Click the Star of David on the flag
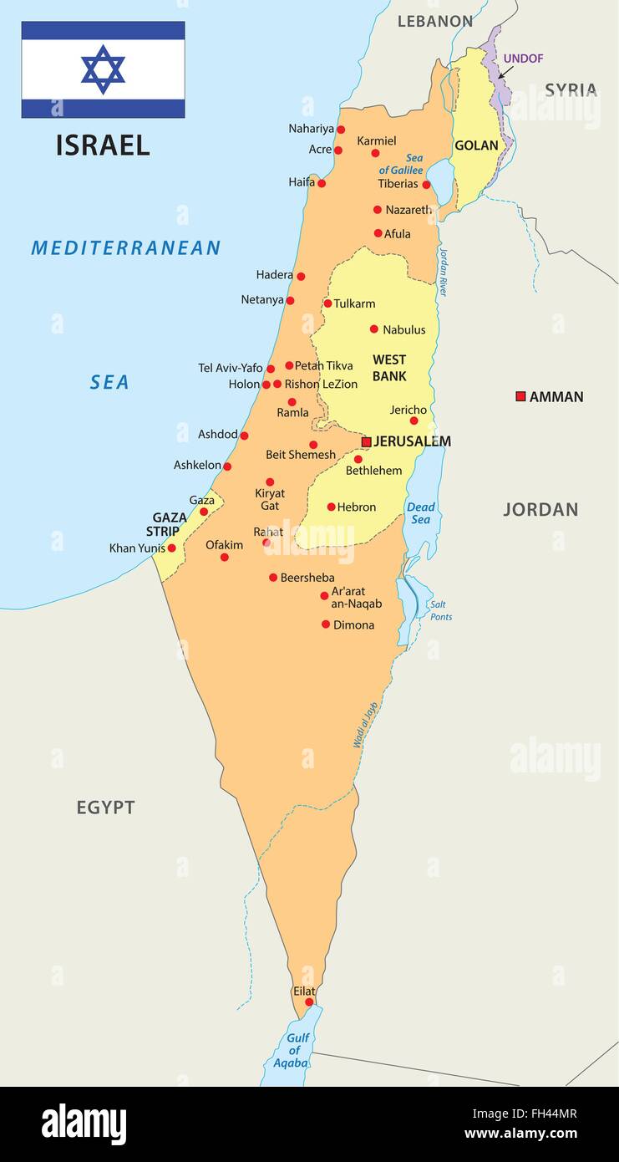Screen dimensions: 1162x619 click(x=103, y=69)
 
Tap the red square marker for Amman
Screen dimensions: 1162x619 click(x=520, y=396)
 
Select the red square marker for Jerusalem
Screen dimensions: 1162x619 click(x=366, y=441)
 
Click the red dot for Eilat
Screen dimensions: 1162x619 click(x=309, y=1001)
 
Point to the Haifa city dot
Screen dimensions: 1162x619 click(x=322, y=183)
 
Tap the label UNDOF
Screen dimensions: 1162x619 click(x=523, y=59)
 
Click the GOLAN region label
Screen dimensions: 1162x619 click(x=476, y=145)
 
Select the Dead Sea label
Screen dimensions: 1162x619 click(x=421, y=513)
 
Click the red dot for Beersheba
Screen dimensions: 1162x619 click(x=273, y=578)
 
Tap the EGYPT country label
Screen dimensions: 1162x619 click(x=105, y=808)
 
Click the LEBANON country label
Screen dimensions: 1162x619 click(x=434, y=22)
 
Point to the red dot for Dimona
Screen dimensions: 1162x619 click(x=326, y=624)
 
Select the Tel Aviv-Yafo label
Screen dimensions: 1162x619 click(x=230, y=368)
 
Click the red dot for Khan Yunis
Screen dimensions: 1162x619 click(x=172, y=548)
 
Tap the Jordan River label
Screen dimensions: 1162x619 click(x=444, y=273)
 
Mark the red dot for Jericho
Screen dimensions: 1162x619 click(x=414, y=420)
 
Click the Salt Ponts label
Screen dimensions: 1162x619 click(x=440, y=610)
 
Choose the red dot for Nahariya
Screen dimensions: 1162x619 click(x=341, y=130)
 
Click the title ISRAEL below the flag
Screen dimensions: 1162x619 click(x=103, y=145)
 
